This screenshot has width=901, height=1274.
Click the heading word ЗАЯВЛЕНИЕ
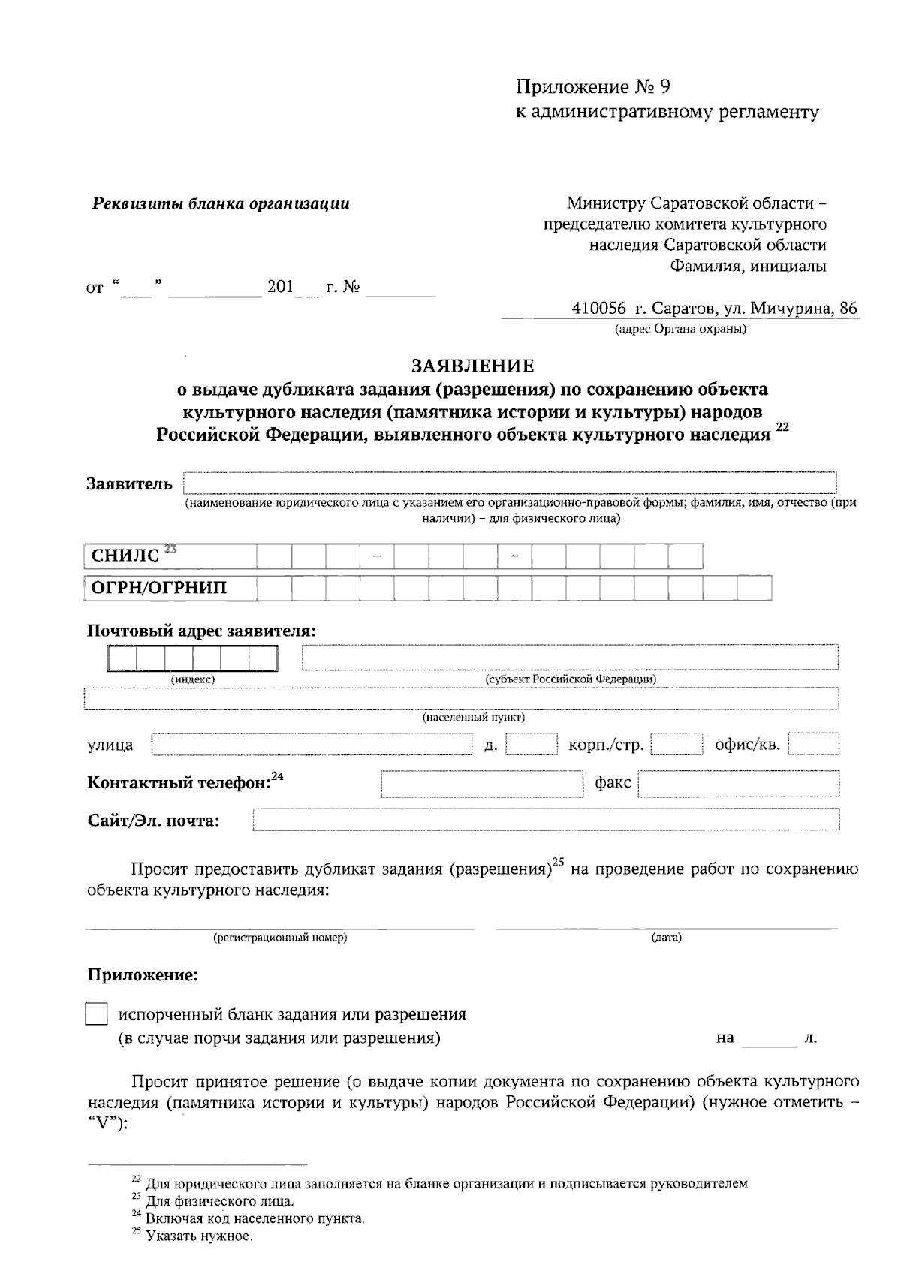coord(472,366)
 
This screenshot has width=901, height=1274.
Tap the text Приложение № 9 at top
coord(592,87)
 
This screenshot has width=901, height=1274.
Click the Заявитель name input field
coord(511,483)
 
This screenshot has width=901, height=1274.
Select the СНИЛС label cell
coord(170,556)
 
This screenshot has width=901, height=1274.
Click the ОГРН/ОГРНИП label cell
coord(170,588)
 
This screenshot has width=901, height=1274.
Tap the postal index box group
coord(193,658)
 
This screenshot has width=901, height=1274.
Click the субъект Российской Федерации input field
coord(570,657)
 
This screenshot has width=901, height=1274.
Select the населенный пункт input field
coord(461,698)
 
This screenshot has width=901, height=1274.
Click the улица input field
coord(311,744)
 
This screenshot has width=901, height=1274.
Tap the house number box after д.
coord(532,745)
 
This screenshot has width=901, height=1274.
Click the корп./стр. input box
coord(676,745)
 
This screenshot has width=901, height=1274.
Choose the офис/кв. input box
coord(813,745)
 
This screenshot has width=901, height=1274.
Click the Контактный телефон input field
coord(481,784)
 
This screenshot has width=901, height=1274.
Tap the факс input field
coord(738,784)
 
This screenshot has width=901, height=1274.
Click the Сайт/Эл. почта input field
coord(546,820)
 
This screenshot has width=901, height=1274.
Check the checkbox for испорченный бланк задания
coord(96,1014)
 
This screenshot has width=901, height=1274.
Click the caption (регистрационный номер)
coord(280,938)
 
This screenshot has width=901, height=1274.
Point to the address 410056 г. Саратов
coord(714,309)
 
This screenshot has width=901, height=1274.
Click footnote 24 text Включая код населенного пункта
coord(255,1218)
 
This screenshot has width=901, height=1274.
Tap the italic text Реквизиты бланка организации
coord(221,203)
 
